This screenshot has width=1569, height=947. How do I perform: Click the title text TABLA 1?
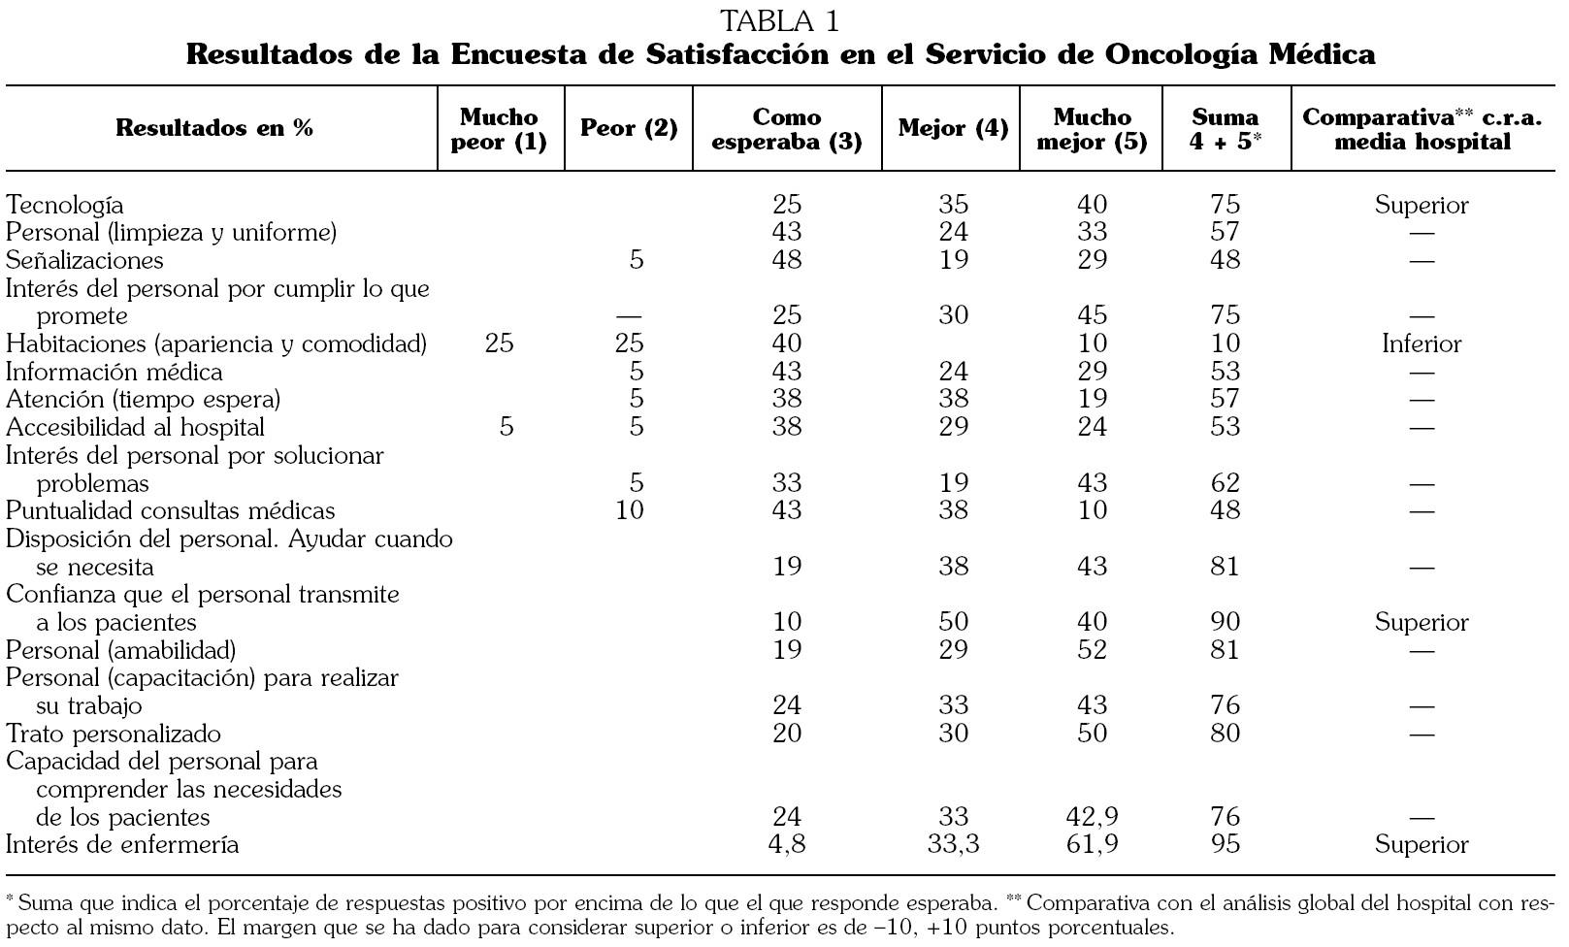pos(780,20)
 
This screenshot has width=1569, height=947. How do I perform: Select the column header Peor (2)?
pos(629,128)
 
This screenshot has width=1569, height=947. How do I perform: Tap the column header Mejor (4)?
pos(953,128)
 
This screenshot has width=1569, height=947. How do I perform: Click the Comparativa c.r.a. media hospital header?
pos(1421,129)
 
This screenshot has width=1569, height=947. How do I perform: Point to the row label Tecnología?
pos(65,205)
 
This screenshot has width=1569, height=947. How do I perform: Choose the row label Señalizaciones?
pos(84,260)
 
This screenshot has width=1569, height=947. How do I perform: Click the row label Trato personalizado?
pos(114,734)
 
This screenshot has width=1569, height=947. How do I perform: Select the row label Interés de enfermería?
pos(122,844)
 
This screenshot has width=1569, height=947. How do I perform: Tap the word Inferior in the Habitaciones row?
pos(1422,343)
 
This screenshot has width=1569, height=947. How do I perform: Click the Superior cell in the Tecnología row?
pos(1422,205)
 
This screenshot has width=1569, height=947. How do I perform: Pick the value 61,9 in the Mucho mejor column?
pos(1092,844)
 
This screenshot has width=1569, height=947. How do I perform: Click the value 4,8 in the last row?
pos(787,844)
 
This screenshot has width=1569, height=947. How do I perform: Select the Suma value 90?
pos(1226,622)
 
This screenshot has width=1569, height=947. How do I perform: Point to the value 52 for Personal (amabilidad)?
pos(1092,649)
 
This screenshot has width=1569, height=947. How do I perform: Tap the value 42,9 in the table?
pos(1092,817)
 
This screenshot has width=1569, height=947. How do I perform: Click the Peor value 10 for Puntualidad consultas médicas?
pos(630,510)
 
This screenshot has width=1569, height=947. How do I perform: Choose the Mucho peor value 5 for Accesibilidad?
pos(506,427)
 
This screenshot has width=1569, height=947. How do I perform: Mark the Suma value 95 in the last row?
pos(1226,844)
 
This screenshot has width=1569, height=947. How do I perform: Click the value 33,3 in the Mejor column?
pos(953,844)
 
